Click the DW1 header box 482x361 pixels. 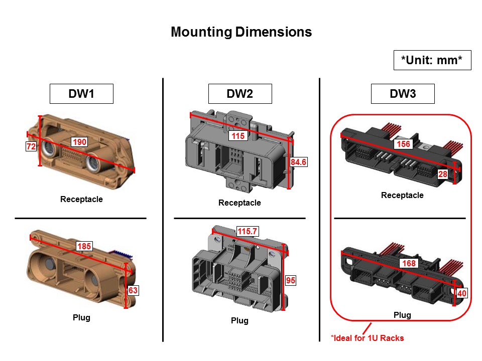(x=81, y=94)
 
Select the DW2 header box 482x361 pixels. (x=240, y=94)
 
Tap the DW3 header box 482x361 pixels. (x=403, y=94)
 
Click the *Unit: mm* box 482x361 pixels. (x=431, y=61)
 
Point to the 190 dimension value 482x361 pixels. (x=80, y=142)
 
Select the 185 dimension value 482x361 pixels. (x=84, y=246)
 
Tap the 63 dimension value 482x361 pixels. (x=133, y=290)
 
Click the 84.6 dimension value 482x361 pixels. (x=298, y=162)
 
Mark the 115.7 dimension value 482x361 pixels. (x=247, y=231)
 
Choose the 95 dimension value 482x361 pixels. (x=291, y=281)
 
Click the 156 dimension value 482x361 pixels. (x=403, y=144)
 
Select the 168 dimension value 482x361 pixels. (x=408, y=263)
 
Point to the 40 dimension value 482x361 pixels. (x=461, y=294)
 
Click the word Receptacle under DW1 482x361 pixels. (x=81, y=200)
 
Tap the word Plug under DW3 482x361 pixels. (x=402, y=315)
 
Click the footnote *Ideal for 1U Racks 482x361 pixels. (x=367, y=338)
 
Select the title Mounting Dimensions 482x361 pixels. (x=241, y=32)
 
